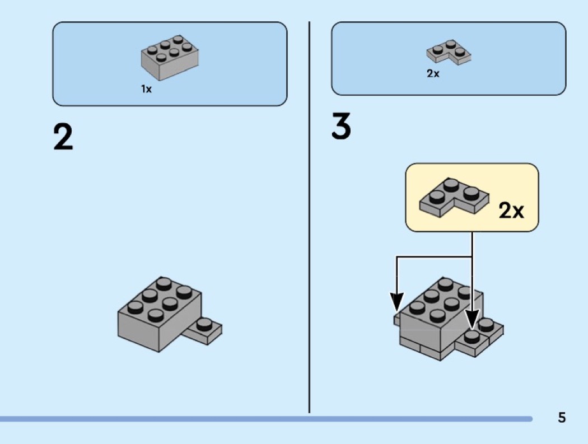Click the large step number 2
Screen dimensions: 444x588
63,137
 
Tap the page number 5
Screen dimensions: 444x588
562,417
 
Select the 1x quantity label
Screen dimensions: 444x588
146,89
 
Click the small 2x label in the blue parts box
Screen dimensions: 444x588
433,74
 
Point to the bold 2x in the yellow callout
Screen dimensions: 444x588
511,211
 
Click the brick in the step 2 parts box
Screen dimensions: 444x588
170,57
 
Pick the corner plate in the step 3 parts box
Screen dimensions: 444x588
449,52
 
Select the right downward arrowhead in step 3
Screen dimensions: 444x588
473,321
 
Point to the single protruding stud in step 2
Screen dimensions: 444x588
205,323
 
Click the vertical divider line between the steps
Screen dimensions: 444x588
310,224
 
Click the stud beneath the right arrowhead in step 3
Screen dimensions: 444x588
473,336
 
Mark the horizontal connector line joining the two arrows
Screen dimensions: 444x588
434,257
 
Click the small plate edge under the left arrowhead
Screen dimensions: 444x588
396,319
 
